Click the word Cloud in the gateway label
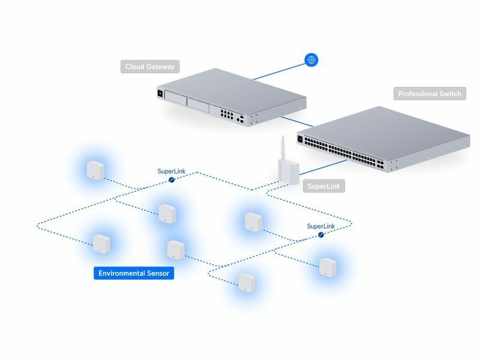tap(134, 67)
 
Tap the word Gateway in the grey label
tap(161, 67)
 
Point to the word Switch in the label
tap(452, 94)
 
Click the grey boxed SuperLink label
tap(323, 186)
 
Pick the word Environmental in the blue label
tap(121, 274)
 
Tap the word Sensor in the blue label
tap(159, 274)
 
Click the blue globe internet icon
tap(311, 60)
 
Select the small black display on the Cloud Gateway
tap(160, 93)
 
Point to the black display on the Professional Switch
tap(300, 139)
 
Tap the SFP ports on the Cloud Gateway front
tap(241, 119)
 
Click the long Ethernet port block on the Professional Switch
tap(339, 152)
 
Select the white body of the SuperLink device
tap(287, 172)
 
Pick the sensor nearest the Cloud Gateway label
tap(95, 170)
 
